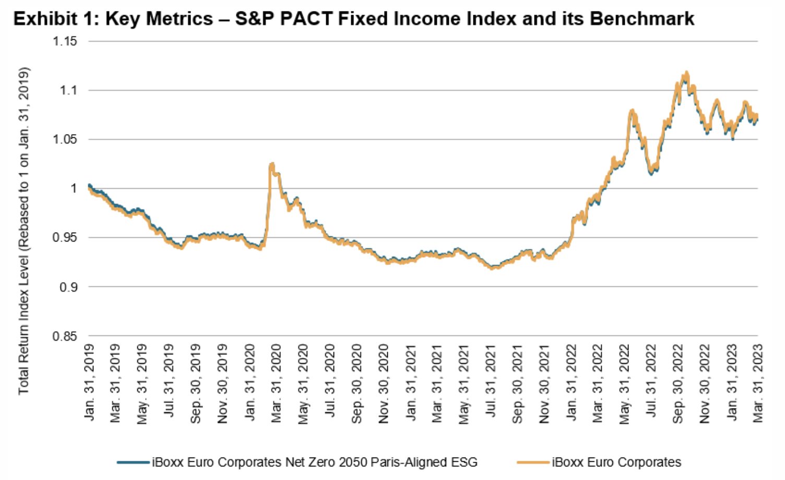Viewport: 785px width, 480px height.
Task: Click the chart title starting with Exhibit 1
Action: tap(353, 19)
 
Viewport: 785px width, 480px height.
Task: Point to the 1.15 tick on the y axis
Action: tap(65, 41)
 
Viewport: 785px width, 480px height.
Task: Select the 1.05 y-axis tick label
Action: tap(65, 139)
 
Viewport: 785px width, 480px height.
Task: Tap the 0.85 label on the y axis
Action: tap(65, 337)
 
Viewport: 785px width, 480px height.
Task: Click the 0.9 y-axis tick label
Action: tap(68, 287)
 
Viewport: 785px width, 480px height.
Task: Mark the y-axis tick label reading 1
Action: tap(74, 188)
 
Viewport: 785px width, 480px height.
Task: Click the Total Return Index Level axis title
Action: tap(23, 230)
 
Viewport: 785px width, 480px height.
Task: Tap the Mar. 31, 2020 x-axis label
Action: tap(277, 382)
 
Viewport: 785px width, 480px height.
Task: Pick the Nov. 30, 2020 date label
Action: tap(384, 382)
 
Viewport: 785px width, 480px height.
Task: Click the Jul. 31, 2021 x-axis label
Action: tap(491, 382)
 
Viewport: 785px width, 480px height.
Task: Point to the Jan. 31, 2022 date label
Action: tap(571, 382)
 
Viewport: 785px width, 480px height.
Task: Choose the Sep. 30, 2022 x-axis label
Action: tap(678, 382)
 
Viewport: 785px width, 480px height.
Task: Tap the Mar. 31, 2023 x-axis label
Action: tap(758, 382)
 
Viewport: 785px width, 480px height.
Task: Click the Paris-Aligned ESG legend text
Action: tap(314, 462)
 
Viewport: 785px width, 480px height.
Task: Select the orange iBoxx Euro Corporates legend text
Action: tap(616, 462)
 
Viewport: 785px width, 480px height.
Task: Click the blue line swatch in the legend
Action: tap(134, 462)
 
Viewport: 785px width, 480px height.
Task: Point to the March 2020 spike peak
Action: tap(272, 164)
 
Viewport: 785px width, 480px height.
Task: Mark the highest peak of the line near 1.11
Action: tap(686, 73)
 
